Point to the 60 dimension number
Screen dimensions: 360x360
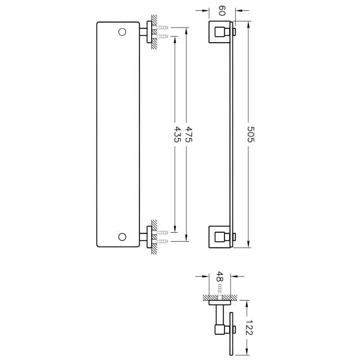tap(221, 10)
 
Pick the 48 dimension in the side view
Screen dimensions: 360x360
tap(220, 277)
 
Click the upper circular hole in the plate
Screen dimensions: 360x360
tap(122, 31)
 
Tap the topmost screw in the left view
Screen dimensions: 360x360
tap(163, 27)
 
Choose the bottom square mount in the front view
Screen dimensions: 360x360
tap(219, 236)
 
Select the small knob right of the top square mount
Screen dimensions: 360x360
tap(234, 32)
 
